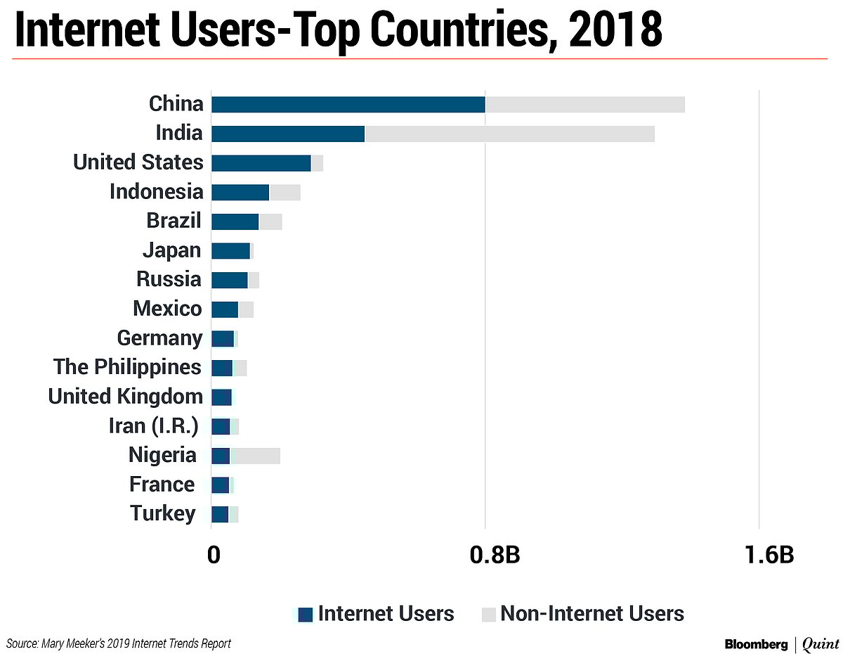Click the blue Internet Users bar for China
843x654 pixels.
click(x=348, y=105)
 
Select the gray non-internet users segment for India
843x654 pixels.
click(x=509, y=134)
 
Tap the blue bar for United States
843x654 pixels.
click(x=261, y=163)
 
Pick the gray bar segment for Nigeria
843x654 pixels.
click(x=255, y=456)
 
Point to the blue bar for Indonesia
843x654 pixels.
click(x=240, y=192)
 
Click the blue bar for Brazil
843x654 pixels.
click(x=235, y=222)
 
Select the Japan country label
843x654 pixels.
click(x=171, y=250)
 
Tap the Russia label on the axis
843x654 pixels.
click(x=169, y=279)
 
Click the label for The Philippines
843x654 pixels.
click(x=127, y=367)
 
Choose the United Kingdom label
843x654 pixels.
click(x=125, y=397)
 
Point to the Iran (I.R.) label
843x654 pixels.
click(x=153, y=426)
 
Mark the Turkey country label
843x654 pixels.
click(x=163, y=513)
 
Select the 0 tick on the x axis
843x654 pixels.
click(x=214, y=555)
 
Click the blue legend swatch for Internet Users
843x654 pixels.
click(x=305, y=614)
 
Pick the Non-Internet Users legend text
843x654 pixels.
click(x=592, y=613)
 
